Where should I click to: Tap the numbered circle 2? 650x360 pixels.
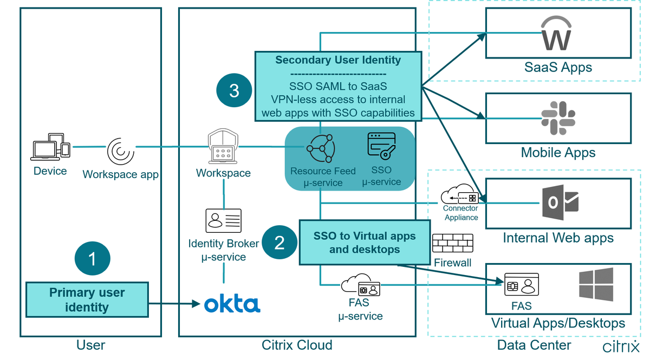coord(279,242)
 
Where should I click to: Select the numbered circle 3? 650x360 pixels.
coord(234,90)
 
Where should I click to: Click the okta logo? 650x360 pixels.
coord(232,304)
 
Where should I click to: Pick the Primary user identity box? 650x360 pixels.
coord(87,300)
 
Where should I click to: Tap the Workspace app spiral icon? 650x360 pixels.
coord(120,151)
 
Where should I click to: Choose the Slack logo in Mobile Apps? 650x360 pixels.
coord(558,118)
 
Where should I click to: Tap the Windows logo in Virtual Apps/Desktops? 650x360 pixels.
coord(596,284)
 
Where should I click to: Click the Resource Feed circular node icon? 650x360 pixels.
coord(321,147)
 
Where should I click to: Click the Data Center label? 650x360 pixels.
coord(534,345)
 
